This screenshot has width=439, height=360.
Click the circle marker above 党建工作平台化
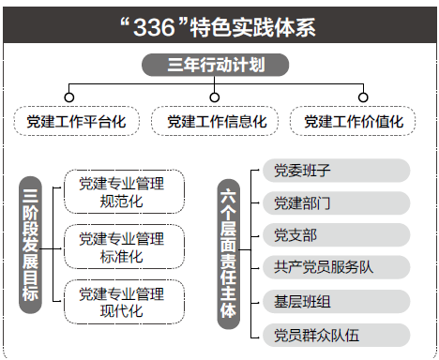tap(68, 97)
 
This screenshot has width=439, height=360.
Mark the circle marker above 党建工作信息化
tap(216, 97)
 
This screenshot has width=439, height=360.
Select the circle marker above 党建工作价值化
tap(363, 97)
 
